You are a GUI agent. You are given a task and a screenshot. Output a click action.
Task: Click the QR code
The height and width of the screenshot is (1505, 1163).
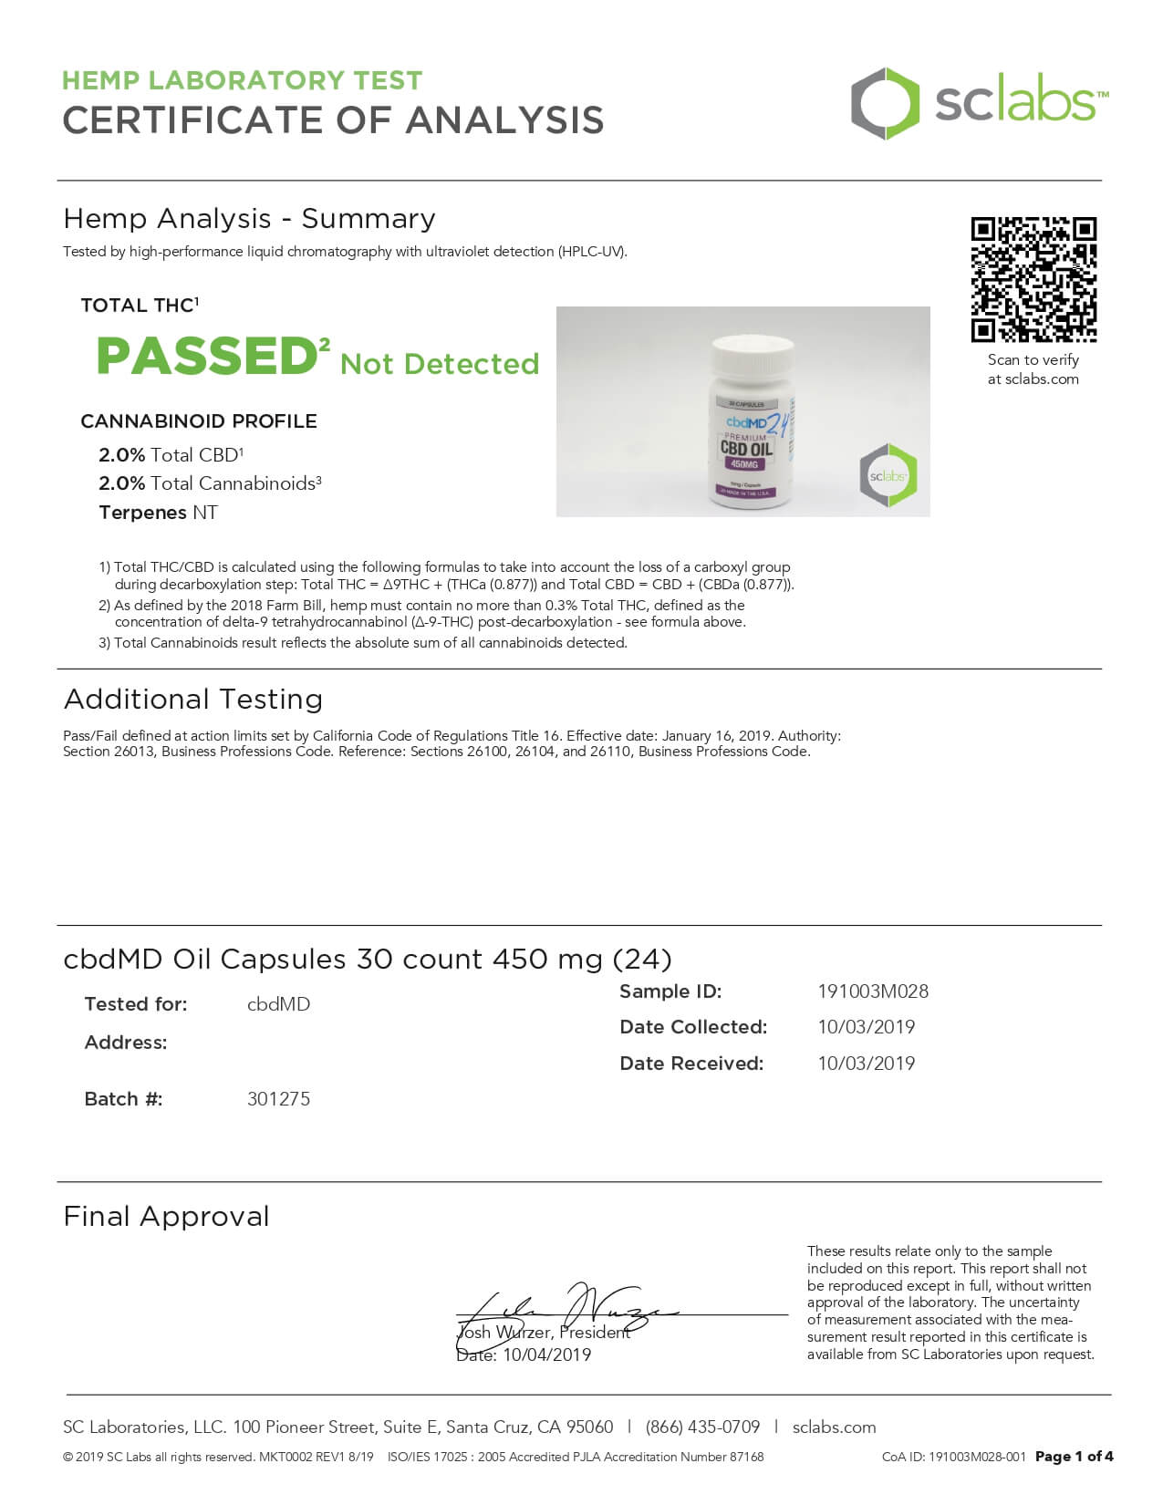(1033, 279)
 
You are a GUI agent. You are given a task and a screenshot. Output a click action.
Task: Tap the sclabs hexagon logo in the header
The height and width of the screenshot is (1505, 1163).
(885, 103)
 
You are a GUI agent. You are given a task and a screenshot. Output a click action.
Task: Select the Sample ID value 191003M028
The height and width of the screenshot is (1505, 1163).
(873, 991)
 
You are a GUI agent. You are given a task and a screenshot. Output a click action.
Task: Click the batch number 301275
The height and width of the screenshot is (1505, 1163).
(278, 1099)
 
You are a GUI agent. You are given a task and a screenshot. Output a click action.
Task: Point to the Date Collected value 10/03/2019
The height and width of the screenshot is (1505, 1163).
(866, 1027)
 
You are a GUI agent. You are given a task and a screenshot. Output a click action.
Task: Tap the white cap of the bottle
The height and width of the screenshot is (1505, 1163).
(753, 355)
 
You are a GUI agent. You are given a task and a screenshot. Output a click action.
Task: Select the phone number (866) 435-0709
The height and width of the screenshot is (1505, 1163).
(702, 1427)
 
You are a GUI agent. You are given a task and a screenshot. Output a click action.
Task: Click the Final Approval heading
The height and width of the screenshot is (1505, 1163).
(166, 1217)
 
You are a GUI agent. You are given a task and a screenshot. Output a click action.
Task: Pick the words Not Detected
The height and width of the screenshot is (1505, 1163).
(440, 364)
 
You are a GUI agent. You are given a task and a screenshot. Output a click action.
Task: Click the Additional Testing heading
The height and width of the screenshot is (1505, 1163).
(193, 700)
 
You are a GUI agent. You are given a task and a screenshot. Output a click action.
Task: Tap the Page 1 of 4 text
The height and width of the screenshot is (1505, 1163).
(1074, 1457)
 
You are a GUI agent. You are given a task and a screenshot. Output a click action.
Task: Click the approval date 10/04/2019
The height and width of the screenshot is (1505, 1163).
(546, 1355)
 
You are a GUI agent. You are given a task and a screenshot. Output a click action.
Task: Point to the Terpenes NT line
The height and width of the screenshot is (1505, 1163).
(158, 513)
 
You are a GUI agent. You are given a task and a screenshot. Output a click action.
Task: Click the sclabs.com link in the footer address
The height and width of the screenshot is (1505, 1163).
(834, 1427)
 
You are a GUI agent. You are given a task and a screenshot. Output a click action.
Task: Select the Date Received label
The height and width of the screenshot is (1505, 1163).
(691, 1064)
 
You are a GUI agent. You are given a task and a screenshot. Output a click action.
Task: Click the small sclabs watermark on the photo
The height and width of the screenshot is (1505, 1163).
(888, 475)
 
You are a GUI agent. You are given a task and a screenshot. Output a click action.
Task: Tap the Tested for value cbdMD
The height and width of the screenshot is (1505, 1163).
(278, 1004)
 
